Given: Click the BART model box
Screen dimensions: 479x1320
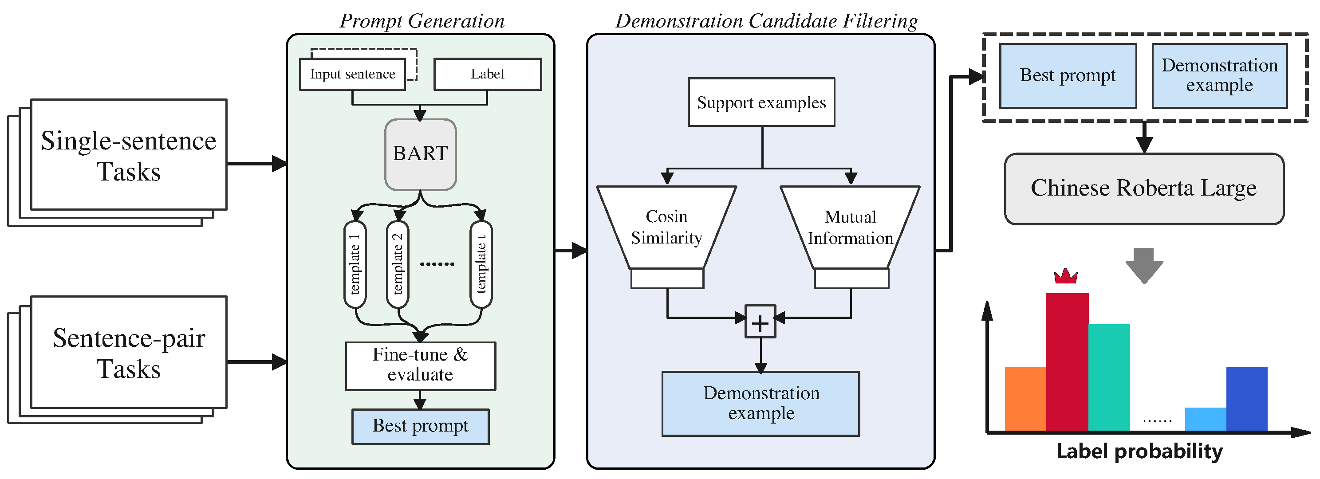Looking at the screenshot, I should click(x=420, y=154).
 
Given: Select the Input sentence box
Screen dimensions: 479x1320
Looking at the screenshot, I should click(x=353, y=74).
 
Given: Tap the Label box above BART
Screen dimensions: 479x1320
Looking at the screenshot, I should click(x=487, y=74).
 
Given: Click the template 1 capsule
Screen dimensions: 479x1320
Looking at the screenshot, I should click(x=355, y=264).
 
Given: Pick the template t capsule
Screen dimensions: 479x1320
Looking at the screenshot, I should click(x=481, y=264).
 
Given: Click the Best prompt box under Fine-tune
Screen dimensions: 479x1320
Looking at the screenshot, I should click(x=420, y=426).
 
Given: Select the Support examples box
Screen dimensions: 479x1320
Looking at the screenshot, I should click(x=761, y=102).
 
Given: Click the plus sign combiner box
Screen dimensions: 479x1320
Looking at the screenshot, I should click(x=760, y=322).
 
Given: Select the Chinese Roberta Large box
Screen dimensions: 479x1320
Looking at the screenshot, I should click(x=1144, y=188).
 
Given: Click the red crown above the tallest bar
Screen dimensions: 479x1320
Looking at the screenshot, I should click(x=1066, y=277).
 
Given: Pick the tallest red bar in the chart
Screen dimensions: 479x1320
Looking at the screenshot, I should click(x=1067, y=361).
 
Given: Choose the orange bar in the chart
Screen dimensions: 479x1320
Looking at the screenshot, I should click(x=1025, y=399).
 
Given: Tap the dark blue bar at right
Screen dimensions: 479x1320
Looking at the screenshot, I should click(x=1246, y=399).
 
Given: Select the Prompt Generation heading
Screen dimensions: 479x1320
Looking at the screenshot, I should click(x=422, y=21).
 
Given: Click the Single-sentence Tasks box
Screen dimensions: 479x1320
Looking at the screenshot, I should click(x=129, y=155).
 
